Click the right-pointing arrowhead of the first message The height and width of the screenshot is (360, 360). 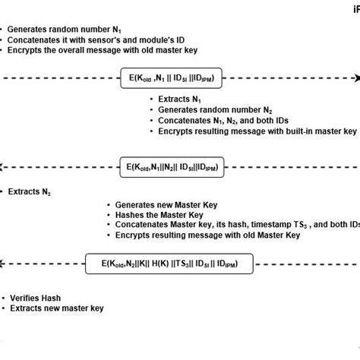pyautogui.click(x=355, y=78)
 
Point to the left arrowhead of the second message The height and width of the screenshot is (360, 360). pyautogui.click(x=4, y=165)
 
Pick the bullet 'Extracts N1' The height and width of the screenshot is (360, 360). pyautogui.click(x=179, y=99)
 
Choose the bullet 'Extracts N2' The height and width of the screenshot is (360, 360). pyautogui.click(x=30, y=193)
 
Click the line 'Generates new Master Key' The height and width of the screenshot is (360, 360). pyautogui.click(x=167, y=204)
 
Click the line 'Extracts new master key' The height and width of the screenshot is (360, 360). pyautogui.click(x=56, y=308)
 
